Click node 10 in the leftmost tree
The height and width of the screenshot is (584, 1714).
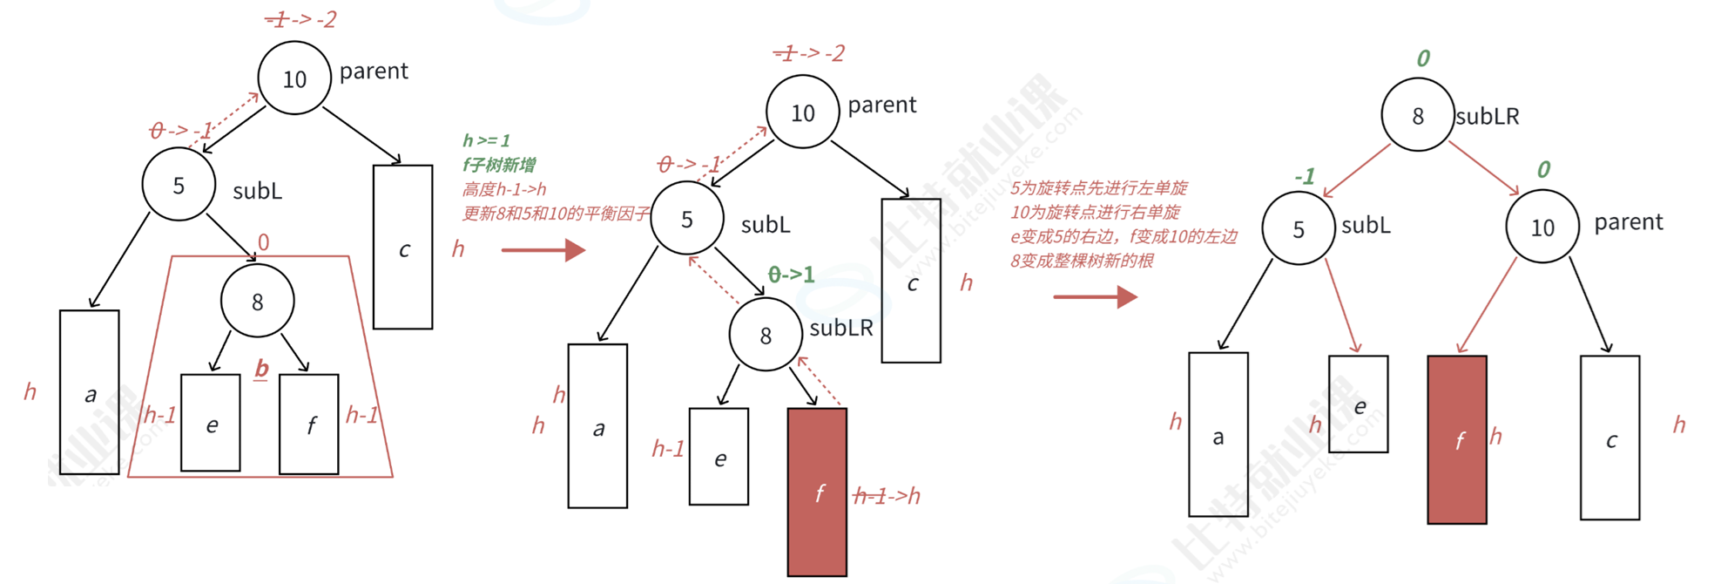pyautogui.click(x=294, y=78)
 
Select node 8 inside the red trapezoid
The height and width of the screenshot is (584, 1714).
pyautogui.click(x=257, y=302)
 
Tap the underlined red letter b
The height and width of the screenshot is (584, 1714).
pyautogui.click(x=261, y=369)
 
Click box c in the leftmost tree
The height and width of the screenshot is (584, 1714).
pyautogui.click(x=402, y=248)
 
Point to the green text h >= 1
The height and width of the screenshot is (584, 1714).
pyautogui.click(x=486, y=140)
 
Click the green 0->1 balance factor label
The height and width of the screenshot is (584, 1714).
pyautogui.click(x=791, y=275)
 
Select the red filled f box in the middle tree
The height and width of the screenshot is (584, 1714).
pyautogui.click(x=817, y=492)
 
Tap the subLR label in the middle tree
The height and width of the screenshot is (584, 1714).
pyautogui.click(x=840, y=328)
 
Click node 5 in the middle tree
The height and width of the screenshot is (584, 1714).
pyautogui.click(x=687, y=219)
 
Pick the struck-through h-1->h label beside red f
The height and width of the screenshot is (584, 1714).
pyautogui.click(x=887, y=496)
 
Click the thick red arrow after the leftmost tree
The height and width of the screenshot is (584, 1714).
pyautogui.click(x=543, y=250)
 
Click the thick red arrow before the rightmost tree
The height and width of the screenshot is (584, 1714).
pyautogui.click(x=1095, y=297)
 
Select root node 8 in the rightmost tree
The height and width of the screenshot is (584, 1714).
pyautogui.click(x=1417, y=115)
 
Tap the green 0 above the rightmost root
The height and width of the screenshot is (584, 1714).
pyautogui.click(x=1423, y=58)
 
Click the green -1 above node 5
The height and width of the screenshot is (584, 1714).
pyautogui.click(x=1304, y=177)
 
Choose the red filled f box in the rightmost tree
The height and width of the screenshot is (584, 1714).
pyautogui.click(x=1457, y=439)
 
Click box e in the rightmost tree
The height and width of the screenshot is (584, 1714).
pyautogui.click(x=1358, y=404)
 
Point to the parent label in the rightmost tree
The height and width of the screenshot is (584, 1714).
pyautogui.click(x=1628, y=222)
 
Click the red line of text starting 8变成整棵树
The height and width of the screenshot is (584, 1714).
pyautogui.click(x=1081, y=261)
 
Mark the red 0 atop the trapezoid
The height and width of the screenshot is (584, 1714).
pyautogui.click(x=263, y=242)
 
